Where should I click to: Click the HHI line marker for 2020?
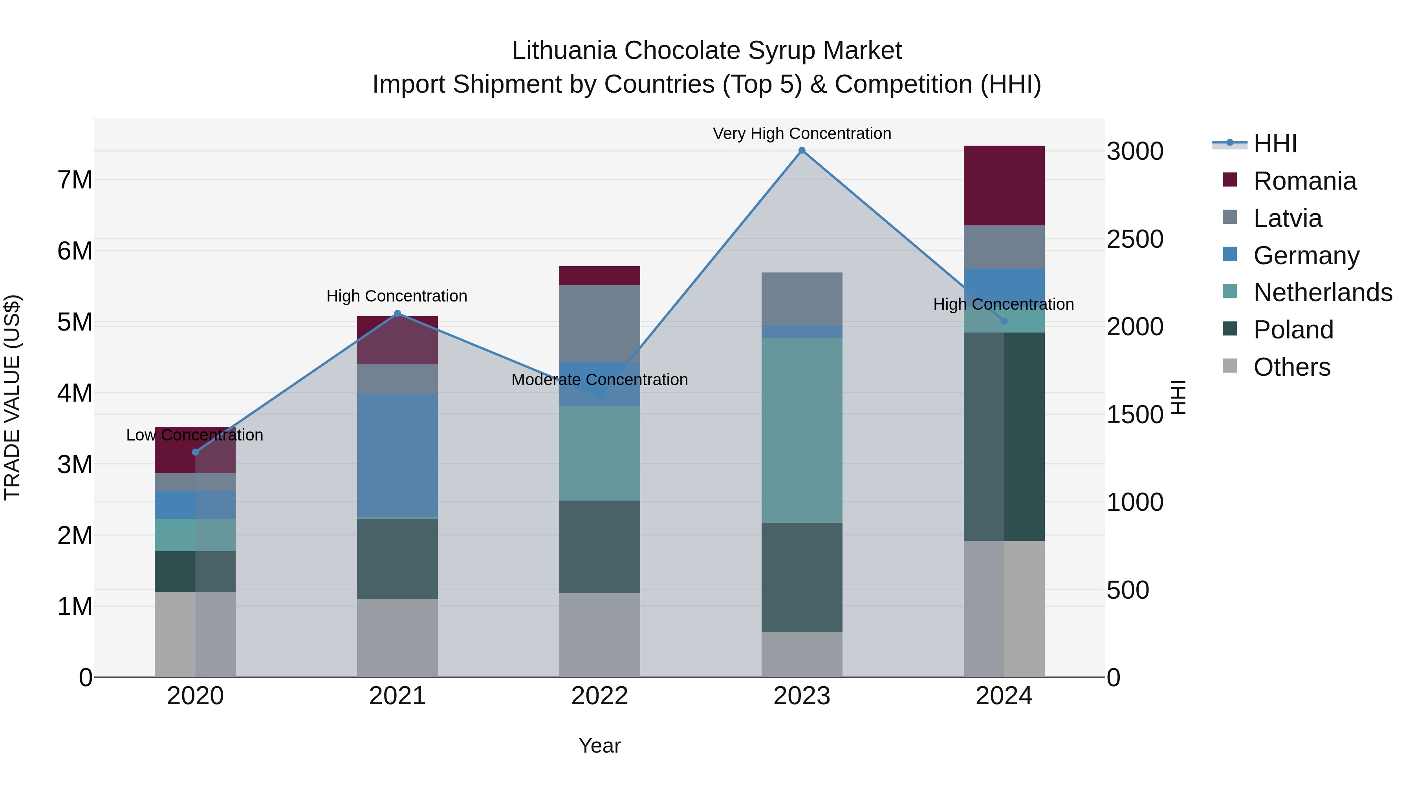coord(196,452)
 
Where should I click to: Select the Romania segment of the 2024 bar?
coord(1004,185)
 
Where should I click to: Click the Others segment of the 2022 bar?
coord(599,635)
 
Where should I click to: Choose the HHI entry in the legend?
coord(1275,144)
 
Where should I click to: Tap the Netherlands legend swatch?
coord(1230,291)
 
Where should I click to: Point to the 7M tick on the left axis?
coord(75,180)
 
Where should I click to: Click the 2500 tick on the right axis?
coord(1135,239)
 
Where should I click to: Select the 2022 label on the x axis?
coord(599,696)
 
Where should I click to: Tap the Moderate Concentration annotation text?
coord(599,380)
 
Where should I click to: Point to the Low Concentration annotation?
coord(195,435)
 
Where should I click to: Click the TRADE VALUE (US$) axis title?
coord(12,397)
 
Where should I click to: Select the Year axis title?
coord(599,746)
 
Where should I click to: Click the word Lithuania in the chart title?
coord(564,51)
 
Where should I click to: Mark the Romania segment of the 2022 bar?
coord(599,276)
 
